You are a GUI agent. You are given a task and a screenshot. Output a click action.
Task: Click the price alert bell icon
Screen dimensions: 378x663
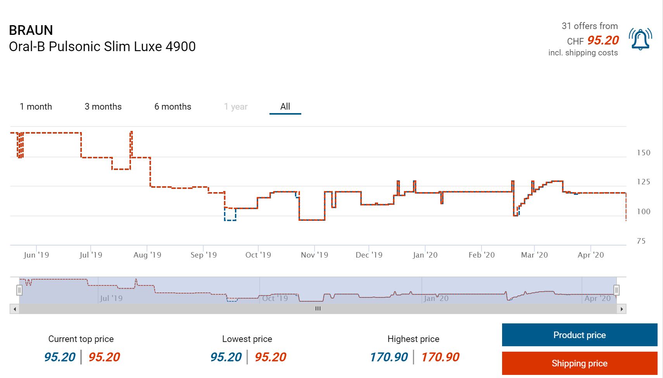640,39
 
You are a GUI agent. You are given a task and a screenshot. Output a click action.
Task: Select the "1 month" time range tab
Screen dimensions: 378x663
36,107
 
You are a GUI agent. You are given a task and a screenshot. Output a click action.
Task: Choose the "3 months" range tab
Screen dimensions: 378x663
103,107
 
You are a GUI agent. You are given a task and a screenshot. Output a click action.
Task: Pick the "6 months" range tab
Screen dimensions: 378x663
173,107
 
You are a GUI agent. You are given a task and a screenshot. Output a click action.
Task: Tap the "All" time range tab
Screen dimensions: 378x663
285,107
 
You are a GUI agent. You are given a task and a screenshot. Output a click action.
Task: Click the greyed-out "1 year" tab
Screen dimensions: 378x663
236,107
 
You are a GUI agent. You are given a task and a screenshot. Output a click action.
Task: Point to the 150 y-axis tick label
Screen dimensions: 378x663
644,153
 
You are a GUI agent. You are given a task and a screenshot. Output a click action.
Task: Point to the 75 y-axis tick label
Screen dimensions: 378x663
641,241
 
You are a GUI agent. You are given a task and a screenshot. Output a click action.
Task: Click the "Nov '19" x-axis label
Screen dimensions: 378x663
314,255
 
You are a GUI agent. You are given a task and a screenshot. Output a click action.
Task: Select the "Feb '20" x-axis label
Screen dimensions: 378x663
482,255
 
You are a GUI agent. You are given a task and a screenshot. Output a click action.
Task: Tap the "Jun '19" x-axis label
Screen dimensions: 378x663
36,255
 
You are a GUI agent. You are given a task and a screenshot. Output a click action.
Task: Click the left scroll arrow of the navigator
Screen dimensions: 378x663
15,309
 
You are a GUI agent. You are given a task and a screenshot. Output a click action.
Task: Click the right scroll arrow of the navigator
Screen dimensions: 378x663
622,309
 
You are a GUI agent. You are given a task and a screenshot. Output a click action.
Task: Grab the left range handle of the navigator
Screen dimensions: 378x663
19,290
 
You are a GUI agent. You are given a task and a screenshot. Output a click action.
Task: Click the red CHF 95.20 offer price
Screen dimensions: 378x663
603,40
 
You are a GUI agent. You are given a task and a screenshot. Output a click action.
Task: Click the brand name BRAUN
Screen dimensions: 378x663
31,30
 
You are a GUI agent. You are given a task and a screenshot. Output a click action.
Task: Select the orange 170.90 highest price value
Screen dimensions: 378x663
440,357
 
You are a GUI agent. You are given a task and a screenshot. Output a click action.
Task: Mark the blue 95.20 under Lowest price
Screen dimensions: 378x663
226,357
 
